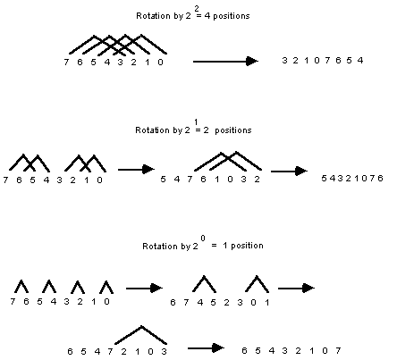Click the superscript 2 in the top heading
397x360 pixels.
(x=197, y=9)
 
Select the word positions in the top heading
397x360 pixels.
(x=232, y=16)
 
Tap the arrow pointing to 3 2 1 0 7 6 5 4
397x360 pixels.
(x=225, y=62)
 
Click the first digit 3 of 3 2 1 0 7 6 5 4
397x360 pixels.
(x=284, y=61)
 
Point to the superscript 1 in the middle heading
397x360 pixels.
(x=196, y=122)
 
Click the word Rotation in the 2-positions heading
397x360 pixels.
(x=153, y=130)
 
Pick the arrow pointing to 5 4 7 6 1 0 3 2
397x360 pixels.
(x=136, y=170)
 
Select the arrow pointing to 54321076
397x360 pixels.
(x=289, y=172)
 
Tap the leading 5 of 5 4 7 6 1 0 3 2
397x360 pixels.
(x=163, y=180)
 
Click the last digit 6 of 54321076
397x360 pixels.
(x=380, y=178)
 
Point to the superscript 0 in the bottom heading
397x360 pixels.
(x=203, y=239)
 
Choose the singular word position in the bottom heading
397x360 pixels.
(x=247, y=246)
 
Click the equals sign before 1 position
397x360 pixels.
(x=214, y=246)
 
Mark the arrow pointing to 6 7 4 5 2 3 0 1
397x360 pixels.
(x=144, y=289)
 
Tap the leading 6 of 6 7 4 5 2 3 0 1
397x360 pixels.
(x=173, y=303)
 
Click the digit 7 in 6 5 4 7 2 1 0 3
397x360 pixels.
(x=110, y=352)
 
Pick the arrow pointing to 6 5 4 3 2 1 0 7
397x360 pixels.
(x=206, y=347)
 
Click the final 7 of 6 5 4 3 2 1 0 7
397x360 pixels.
(x=338, y=350)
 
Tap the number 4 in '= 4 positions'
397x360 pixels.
(x=207, y=16)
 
